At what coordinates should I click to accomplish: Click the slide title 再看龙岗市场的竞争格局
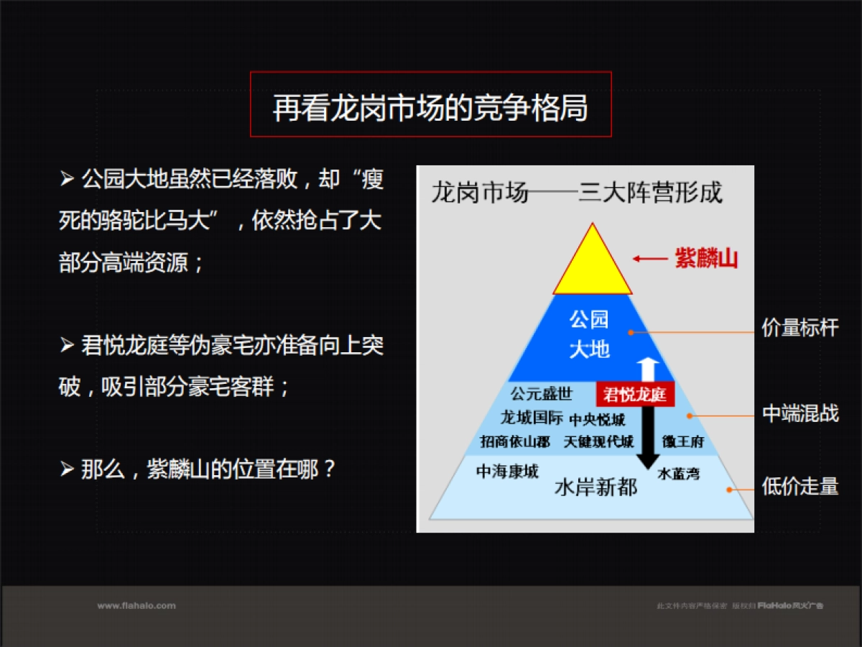click(430, 107)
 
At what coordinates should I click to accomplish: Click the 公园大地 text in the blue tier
click(589, 334)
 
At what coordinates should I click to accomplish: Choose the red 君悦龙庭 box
click(635, 395)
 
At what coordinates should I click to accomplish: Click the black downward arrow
click(649, 439)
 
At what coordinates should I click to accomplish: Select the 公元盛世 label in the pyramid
click(542, 394)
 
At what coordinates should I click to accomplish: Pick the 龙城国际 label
click(532, 418)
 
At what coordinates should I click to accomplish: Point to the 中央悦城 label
click(597, 420)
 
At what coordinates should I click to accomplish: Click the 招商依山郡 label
click(515, 441)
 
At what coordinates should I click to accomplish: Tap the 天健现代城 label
click(599, 441)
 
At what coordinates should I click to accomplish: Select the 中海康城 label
click(507, 472)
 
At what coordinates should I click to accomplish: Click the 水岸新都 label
click(596, 487)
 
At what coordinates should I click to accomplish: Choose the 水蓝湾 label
click(679, 474)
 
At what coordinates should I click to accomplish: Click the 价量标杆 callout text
click(800, 329)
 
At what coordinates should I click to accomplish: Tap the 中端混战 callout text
click(800, 414)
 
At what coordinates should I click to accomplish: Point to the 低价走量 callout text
click(800, 487)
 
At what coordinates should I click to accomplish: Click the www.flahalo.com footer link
click(136, 606)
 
